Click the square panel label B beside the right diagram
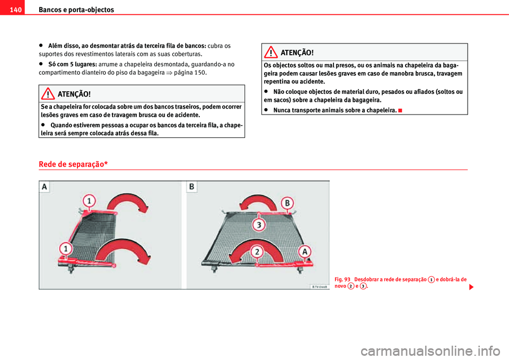tap(191, 187)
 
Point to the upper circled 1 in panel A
tap(90, 201)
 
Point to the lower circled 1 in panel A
tap(66, 248)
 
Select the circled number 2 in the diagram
tap(257, 252)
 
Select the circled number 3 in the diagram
tap(258, 225)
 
